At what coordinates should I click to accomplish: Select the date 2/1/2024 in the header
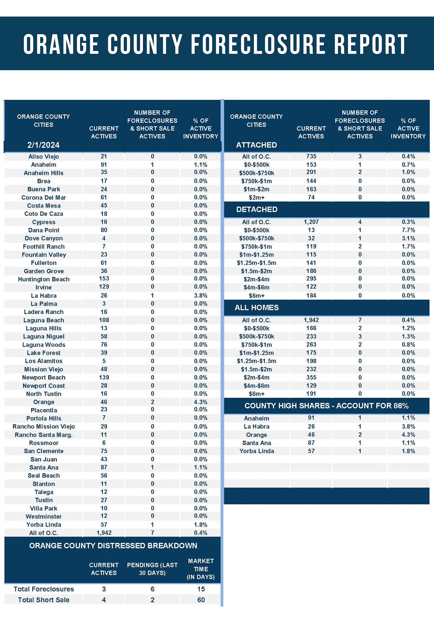[x=43, y=145]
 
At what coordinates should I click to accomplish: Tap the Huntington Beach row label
[x=44, y=279]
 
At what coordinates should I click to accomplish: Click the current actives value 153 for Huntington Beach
[x=104, y=279]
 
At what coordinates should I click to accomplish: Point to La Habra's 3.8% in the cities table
[x=200, y=296]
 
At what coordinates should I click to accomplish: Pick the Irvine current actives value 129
[x=104, y=287]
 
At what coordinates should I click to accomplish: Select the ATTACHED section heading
[x=256, y=145]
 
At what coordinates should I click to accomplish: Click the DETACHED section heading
[x=257, y=209]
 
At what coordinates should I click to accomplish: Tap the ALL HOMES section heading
[x=257, y=308]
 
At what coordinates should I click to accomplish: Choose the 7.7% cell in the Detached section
[x=408, y=230]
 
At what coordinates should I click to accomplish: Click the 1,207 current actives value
[x=311, y=222]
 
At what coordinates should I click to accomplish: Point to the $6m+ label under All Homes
[x=257, y=394]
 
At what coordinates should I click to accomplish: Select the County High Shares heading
[x=326, y=406]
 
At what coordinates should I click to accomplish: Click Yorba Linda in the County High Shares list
[x=257, y=451]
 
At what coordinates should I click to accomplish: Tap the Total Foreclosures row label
[x=44, y=589]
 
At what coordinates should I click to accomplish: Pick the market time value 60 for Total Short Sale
[x=201, y=600]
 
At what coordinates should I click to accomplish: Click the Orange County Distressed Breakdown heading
[x=113, y=546]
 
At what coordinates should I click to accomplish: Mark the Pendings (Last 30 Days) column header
[x=152, y=569]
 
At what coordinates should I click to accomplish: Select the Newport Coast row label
[x=44, y=386]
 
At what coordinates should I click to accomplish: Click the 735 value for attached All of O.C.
[x=311, y=156]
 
